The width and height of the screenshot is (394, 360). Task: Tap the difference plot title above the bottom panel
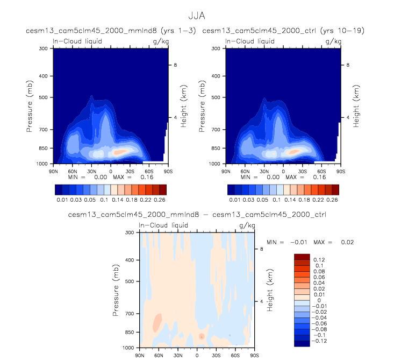click(x=196, y=215)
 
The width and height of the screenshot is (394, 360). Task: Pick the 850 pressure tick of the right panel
click(x=219, y=148)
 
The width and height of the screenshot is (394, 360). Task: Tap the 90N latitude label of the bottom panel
click(x=139, y=355)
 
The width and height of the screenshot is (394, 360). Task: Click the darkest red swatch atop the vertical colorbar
click(x=302, y=256)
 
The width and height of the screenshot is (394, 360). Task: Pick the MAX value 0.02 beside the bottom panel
click(x=347, y=242)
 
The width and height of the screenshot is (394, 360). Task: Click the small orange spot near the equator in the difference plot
click(x=202, y=336)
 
